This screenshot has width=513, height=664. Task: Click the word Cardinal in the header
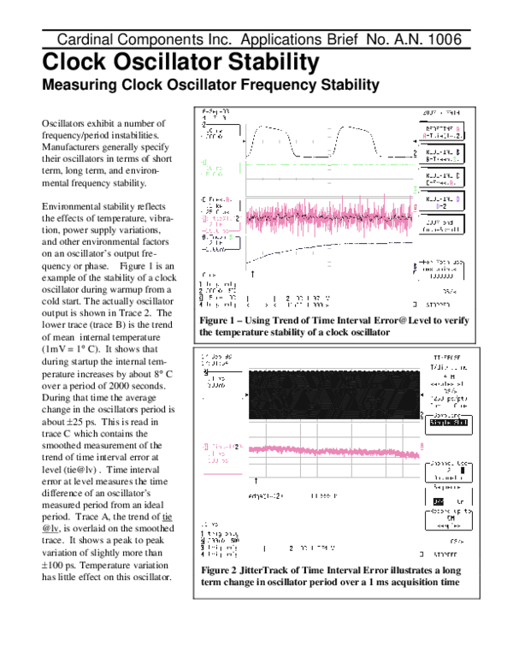(x=85, y=40)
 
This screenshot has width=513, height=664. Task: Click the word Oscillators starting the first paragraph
(x=65, y=125)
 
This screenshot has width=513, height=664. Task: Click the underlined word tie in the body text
(x=168, y=518)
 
